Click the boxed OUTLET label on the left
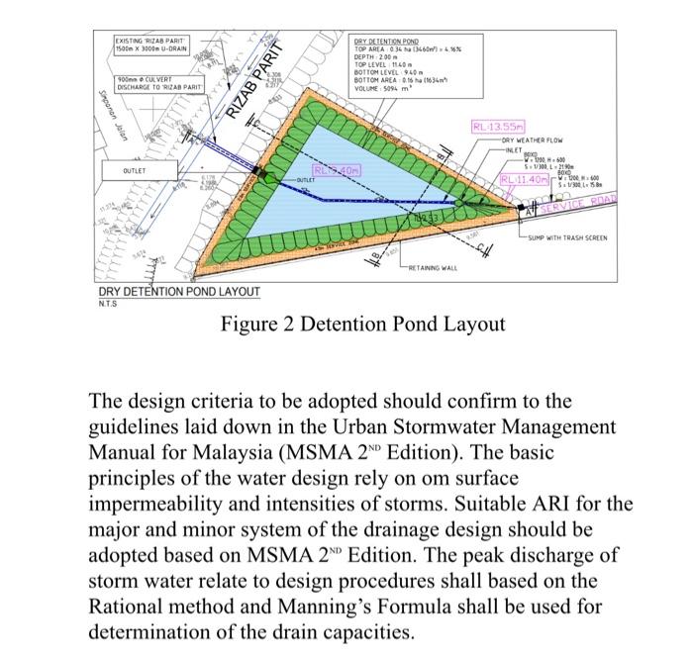point(135,170)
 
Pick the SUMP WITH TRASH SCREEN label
point(571,238)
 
